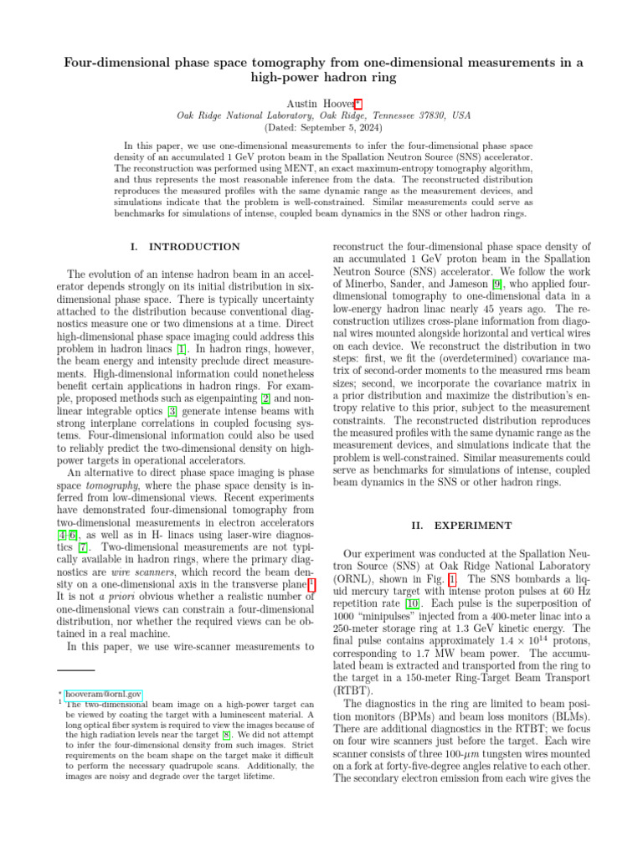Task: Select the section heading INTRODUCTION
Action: (193, 247)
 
